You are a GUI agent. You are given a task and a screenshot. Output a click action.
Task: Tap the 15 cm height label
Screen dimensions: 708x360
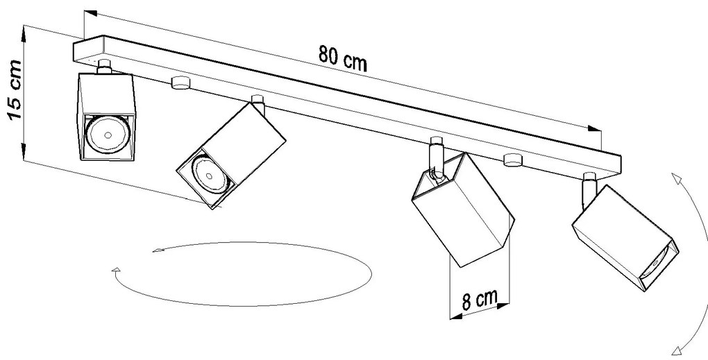[15, 89]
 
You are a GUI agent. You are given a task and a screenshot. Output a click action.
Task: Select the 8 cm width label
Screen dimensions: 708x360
[480, 300]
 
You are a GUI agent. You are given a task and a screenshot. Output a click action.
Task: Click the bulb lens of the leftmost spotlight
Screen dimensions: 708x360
[108, 134]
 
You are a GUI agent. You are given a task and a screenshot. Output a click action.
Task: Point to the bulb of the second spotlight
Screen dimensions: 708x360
[209, 174]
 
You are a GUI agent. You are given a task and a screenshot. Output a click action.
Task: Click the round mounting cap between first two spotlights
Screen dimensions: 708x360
[180, 83]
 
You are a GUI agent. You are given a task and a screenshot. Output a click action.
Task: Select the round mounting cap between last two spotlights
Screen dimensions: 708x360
[513, 160]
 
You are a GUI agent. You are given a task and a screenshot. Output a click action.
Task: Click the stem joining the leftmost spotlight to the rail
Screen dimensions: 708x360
[104, 67]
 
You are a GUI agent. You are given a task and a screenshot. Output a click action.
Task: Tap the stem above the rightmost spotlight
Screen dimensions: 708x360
[589, 189]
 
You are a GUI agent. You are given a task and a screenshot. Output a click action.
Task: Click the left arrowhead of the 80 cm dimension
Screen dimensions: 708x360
[90, 13]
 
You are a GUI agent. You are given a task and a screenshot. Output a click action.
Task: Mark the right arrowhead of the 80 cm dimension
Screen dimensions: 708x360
[595, 129]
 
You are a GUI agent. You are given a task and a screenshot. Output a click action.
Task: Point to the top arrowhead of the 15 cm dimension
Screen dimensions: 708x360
[24, 34]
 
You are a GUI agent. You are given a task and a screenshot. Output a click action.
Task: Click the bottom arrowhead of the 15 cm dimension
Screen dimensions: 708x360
[24, 151]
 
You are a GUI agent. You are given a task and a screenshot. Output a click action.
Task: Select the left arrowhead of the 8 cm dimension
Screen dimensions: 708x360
[456, 316]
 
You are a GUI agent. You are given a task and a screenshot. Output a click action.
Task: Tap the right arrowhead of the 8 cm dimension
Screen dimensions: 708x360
[503, 306]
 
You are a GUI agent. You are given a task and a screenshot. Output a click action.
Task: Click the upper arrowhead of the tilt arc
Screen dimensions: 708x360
[676, 178]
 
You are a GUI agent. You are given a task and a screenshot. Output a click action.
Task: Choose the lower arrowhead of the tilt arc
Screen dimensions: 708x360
[677, 350]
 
